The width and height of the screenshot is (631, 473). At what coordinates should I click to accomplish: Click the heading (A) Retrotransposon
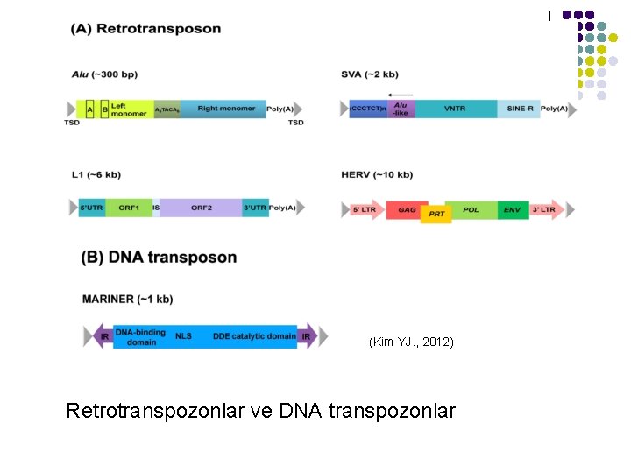(146, 29)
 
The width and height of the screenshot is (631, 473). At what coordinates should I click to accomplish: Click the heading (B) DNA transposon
(159, 258)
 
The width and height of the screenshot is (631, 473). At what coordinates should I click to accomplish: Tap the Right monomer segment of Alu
(226, 109)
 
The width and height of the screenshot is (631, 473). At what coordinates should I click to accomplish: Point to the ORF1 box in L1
(129, 208)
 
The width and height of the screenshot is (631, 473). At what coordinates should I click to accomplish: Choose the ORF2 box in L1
(202, 208)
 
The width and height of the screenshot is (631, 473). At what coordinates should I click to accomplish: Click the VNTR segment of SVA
(455, 109)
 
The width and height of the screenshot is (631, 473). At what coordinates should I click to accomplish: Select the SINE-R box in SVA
(520, 109)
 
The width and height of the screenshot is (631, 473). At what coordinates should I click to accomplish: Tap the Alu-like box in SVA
(401, 109)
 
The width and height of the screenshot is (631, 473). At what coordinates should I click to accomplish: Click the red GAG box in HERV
(407, 209)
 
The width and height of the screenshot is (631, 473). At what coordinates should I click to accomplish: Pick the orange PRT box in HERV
(436, 214)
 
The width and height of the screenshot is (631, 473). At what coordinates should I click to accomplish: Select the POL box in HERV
(471, 209)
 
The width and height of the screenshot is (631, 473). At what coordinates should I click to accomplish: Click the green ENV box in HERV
(512, 209)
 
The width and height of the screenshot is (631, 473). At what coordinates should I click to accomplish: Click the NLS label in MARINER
(183, 336)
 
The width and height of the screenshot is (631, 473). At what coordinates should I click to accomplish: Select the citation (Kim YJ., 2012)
(411, 342)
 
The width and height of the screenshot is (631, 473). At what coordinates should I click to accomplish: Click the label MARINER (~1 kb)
(127, 299)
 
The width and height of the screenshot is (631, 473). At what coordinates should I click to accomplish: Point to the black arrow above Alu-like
(400, 94)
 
